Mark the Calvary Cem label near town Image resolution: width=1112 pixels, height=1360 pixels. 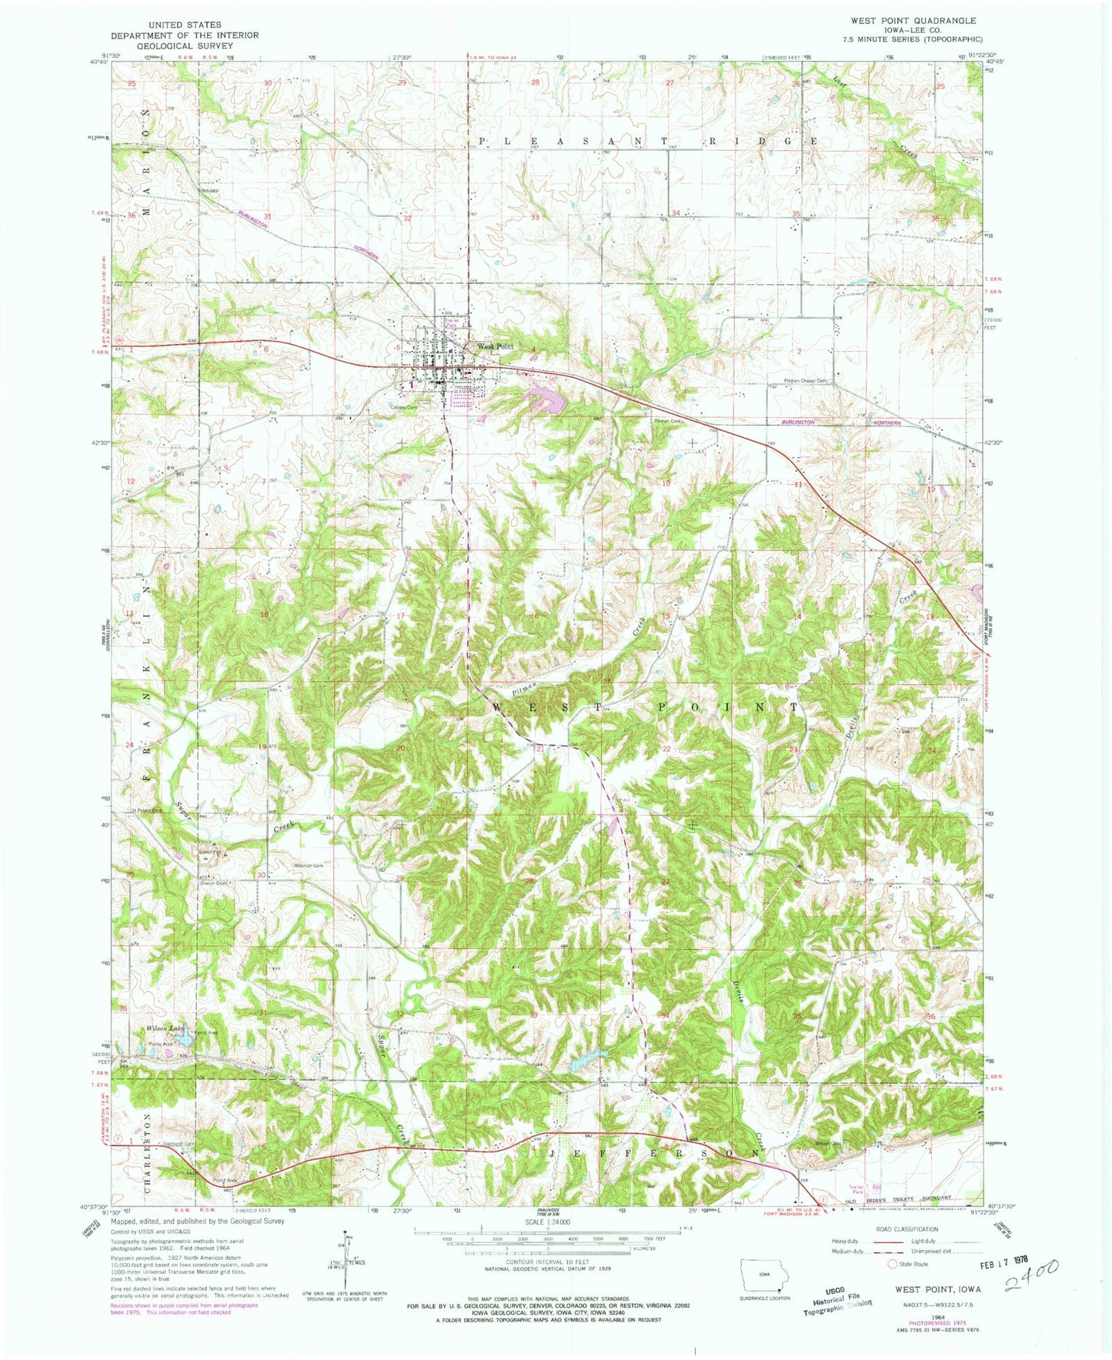coord(403,407)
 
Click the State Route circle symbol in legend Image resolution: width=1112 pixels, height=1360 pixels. coord(893,1264)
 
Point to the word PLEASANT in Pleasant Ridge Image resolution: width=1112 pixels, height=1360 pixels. coord(551,142)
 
